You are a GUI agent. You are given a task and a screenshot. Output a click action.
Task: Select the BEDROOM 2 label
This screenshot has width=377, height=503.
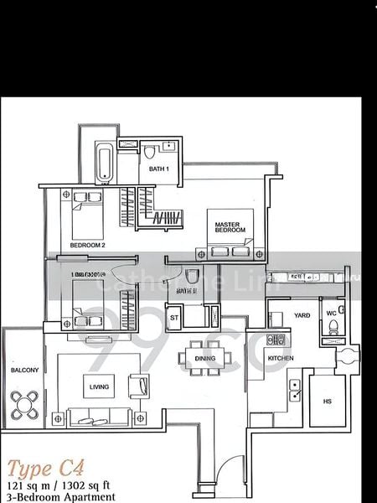pos(87,245)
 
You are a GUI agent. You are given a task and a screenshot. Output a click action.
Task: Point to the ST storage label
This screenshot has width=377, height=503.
pos(174,318)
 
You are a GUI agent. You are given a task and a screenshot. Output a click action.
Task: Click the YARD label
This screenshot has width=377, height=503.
pos(302,315)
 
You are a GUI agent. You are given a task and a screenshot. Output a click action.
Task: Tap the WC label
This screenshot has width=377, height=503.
pos(330,313)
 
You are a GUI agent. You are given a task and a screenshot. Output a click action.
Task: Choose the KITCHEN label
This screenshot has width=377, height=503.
pos(280,358)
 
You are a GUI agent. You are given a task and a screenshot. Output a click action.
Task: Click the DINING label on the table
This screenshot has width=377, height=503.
pos(205,359)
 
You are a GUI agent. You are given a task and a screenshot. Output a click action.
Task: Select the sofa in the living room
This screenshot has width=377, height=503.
pos(99,416)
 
